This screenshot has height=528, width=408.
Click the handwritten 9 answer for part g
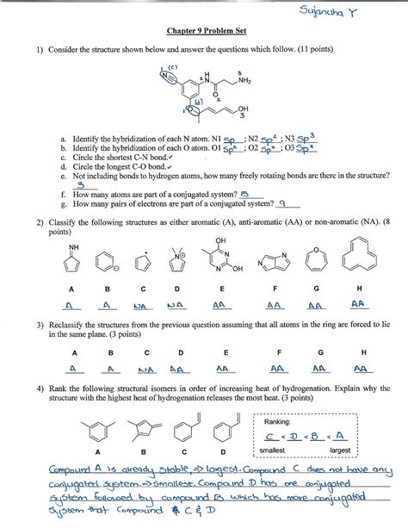point(282,204)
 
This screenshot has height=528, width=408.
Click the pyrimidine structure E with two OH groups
point(225,255)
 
